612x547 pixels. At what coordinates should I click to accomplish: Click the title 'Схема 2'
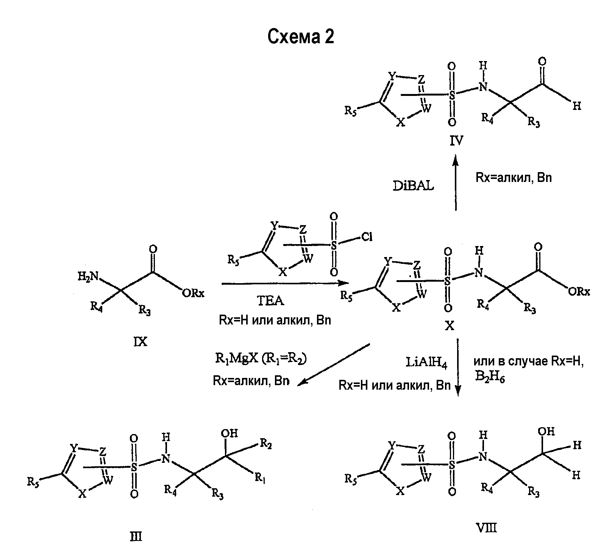pos(301,37)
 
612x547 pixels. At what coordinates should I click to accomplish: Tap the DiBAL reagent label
pos(413,186)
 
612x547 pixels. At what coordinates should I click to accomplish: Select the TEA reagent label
pos(271,301)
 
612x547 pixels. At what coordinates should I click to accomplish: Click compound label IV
pos(456,142)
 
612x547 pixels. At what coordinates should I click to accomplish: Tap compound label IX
pos(141,342)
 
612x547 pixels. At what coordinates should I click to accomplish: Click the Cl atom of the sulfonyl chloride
pos(367,238)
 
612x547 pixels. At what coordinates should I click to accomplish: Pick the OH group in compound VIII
pos(546,432)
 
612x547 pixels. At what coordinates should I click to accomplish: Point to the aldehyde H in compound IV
pos(577,107)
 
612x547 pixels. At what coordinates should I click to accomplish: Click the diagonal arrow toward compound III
pos(333,365)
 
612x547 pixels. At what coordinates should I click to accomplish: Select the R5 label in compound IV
pos(350,111)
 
